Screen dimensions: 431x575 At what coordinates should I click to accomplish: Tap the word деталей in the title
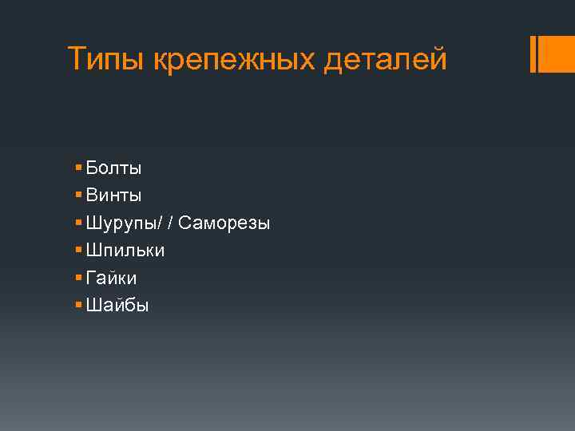coord(386,59)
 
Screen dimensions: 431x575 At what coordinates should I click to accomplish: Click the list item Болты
coord(113,168)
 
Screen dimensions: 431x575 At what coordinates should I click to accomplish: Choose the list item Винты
coord(113,195)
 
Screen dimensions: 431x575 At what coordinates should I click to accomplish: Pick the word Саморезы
coord(224,223)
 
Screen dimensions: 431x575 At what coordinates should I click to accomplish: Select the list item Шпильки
coord(125,250)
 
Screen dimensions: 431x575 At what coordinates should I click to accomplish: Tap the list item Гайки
coord(111,278)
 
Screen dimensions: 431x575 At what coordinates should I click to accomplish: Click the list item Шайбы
coord(117,305)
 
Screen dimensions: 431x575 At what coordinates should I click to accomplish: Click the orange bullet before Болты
coord(77,168)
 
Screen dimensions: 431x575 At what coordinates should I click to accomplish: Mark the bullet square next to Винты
coord(77,195)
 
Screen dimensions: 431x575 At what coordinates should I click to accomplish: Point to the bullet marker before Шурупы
coord(77,223)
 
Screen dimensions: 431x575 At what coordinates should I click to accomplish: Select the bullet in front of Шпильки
coord(77,250)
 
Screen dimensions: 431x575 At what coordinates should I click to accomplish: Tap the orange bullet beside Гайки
coord(77,278)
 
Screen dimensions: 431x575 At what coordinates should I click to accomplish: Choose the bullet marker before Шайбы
coord(77,305)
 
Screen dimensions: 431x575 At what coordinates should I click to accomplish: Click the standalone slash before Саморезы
coord(172,223)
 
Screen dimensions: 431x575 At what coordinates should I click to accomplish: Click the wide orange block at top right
coord(557,54)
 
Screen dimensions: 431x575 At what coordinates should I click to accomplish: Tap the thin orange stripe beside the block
coord(533,54)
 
